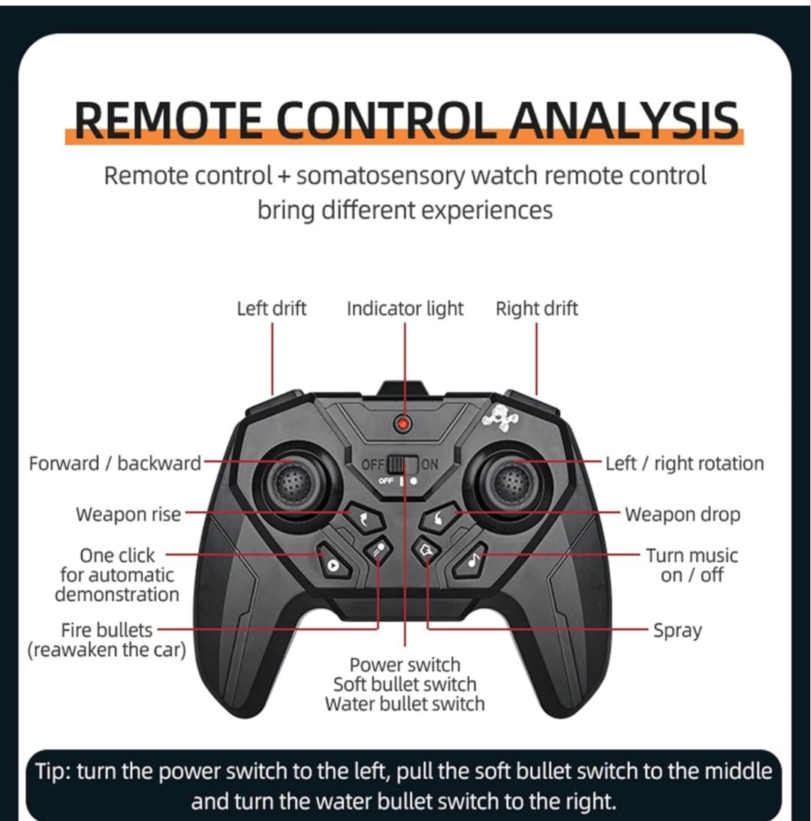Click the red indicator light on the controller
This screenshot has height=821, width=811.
point(403,423)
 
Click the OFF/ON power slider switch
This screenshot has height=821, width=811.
point(403,464)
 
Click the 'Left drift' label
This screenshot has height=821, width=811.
point(271,308)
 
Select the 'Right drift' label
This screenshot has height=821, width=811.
point(536,308)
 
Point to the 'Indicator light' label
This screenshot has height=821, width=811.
point(405,309)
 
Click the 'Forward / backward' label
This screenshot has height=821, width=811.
point(115,463)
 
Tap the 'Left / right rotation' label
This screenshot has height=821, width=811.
point(685,463)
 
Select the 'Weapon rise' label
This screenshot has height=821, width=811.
point(128,514)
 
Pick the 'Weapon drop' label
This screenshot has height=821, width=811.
point(683,514)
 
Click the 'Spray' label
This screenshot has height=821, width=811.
point(677,630)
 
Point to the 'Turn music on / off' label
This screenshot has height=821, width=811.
point(692,565)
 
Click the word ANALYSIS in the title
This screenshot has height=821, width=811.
point(624,120)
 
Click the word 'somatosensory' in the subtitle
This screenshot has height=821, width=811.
point(381,176)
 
